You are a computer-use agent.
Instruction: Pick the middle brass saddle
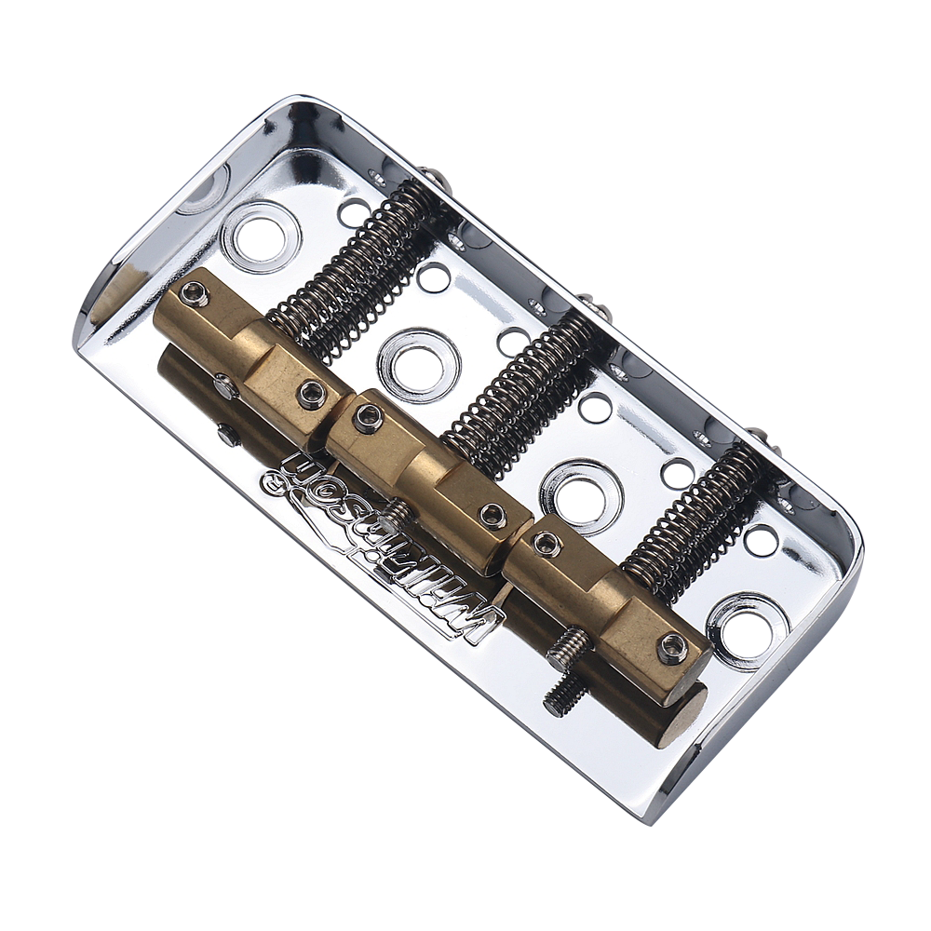428,475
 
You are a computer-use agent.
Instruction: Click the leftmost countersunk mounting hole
260,236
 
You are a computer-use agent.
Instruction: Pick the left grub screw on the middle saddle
368,417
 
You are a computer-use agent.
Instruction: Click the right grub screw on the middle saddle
492,515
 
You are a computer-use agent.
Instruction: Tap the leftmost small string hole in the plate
353,212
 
